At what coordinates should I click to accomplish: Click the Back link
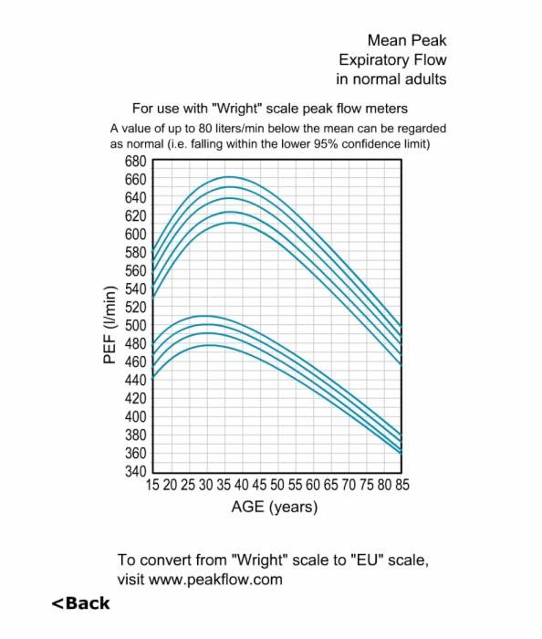click(x=80, y=603)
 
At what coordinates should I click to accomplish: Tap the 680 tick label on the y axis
click(x=135, y=162)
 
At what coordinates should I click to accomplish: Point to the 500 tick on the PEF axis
click(x=135, y=325)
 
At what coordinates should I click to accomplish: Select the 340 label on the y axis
click(x=135, y=471)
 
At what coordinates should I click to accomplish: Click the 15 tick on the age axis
click(x=152, y=485)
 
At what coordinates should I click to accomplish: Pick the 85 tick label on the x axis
click(x=402, y=485)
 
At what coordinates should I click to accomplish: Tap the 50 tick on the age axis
click(x=276, y=485)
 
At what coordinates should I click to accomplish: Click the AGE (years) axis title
click(x=275, y=507)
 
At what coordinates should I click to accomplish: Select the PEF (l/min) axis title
click(x=109, y=324)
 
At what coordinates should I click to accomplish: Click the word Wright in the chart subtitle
click(x=236, y=109)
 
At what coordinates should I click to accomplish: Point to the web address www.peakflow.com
click(x=215, y=579)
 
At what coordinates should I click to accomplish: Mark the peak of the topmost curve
click(x=230, y=177)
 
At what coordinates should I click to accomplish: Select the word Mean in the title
click(x=387, y=40)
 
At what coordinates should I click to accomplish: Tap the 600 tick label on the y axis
click(x=135, y=235)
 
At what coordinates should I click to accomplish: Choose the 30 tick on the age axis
click(x=205, y=485)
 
